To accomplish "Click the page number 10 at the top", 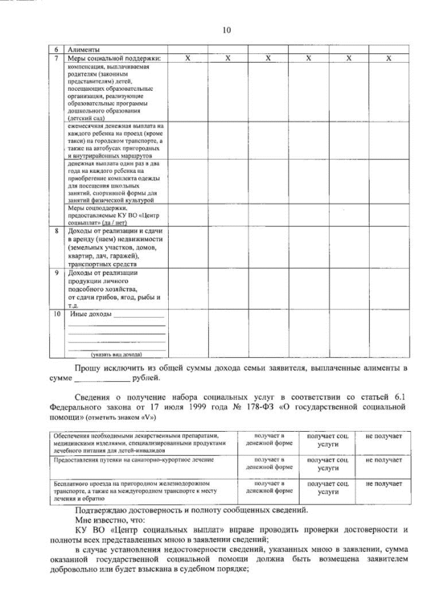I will (226, 29).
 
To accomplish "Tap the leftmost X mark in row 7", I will (187, 59).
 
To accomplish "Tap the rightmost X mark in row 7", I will (388, 59).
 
